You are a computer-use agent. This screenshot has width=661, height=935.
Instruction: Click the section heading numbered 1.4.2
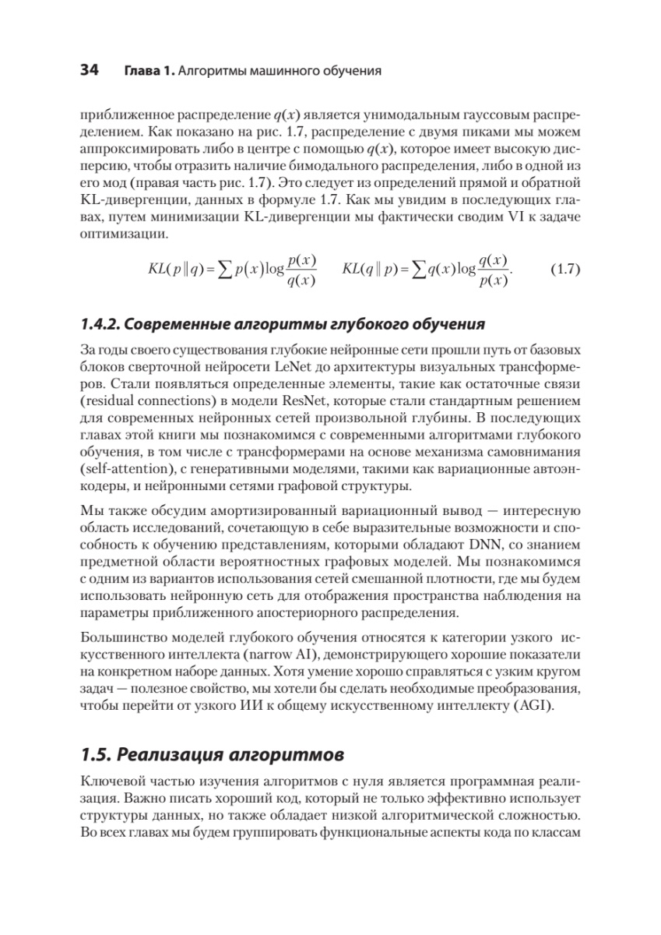coord(283,323)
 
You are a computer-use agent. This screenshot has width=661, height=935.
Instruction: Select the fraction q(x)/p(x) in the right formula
coord(493,270)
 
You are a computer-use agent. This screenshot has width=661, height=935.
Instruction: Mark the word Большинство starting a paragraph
coord(121,633)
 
